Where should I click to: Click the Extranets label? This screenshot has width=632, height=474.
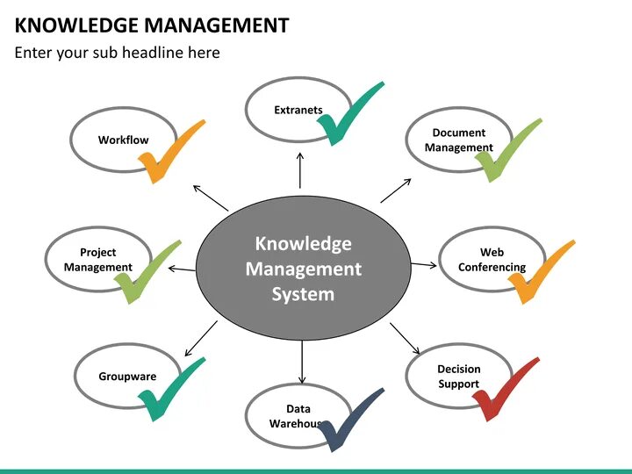pos(298,110)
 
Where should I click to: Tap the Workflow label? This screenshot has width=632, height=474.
pos(123,140)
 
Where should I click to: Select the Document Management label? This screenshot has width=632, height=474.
pos(458,140)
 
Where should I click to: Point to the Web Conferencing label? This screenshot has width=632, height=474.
pos(492,260)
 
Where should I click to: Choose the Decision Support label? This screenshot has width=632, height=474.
pos(458,377)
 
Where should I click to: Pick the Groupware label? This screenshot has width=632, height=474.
pos(127,377)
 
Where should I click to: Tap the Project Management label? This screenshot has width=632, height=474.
pos(97,260)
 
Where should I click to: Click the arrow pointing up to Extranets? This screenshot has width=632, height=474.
pos(300,170)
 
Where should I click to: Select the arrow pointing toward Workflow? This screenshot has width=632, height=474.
pos(210,197)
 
